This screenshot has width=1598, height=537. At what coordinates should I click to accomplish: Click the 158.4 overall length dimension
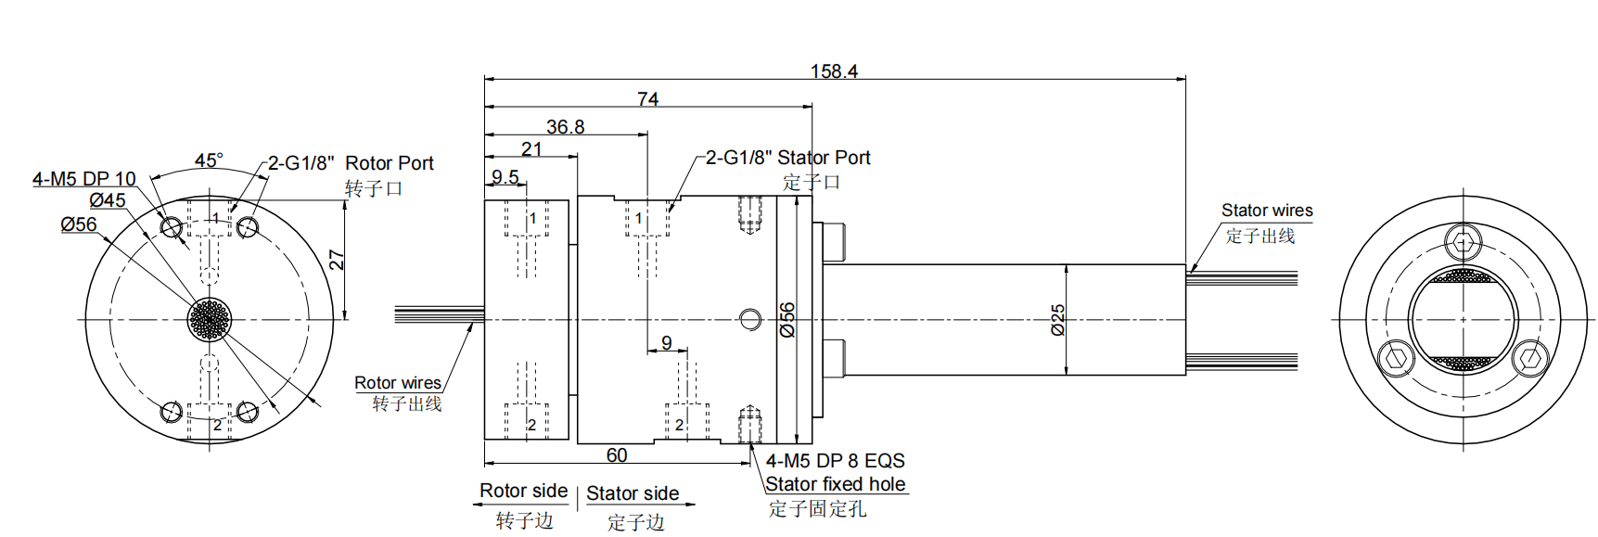click(x=833, y=70)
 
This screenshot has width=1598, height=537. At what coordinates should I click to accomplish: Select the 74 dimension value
click(x=647, y=98)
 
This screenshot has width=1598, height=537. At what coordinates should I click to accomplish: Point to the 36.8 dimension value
click(x=565, y=127)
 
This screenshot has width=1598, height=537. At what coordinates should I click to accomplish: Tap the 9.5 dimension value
click(x=505, y=176)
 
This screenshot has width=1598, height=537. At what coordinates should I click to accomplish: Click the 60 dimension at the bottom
click(x=616, y=455)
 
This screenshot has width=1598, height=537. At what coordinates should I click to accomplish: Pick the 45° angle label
click(x=209, y=160)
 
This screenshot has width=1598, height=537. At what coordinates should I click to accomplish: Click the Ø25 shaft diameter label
click(x=1057, y=319)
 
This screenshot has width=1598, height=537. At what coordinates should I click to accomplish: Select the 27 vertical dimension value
click(x=337, y=260)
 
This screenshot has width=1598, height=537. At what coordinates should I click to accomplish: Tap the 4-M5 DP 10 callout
click(x=83, y=179)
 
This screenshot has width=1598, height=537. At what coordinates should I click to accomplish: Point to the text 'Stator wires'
click(x=1266, y=211)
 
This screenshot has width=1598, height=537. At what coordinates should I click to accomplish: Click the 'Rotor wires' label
click(x=397, y=383)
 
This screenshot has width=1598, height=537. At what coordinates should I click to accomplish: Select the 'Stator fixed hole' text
click(x=835, y=484)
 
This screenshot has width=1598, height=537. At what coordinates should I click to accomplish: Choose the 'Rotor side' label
click(x=523, y=491)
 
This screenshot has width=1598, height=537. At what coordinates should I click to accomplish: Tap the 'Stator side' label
click(x=633, y=493)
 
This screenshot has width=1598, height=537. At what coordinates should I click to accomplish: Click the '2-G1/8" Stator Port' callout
click(x=787, y=158)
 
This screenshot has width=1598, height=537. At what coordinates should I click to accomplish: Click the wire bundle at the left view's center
click(x=210, y=319)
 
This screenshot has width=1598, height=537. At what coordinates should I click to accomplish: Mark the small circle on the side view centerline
click(x=750, y=320)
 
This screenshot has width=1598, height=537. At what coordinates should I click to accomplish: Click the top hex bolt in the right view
click(x=1464, y=244)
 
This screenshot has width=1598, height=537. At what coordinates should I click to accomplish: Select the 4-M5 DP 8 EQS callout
click(x=835, y=461)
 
